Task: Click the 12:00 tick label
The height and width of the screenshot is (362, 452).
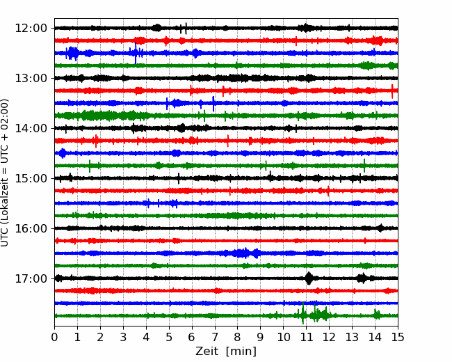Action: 31,29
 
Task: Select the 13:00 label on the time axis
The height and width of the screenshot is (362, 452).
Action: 31,78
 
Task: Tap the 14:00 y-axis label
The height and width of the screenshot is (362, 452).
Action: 31,128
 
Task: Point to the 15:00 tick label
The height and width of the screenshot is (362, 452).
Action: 31,178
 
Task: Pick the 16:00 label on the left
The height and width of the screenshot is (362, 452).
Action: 31,228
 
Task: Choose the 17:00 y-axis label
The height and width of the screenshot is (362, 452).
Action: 31,278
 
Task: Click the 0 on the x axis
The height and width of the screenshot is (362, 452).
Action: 54,337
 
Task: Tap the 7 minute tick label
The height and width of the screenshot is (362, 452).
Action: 215,337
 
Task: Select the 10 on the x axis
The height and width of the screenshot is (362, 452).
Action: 283,337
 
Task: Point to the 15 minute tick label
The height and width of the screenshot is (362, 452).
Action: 398,337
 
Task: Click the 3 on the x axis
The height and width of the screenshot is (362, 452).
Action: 123,337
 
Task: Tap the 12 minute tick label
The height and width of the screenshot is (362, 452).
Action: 329,337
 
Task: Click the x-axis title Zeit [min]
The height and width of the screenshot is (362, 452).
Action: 226,351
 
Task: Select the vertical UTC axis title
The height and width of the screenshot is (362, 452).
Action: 4,173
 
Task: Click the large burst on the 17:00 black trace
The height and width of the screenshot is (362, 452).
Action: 309,278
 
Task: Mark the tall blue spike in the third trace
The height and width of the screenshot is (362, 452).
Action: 136,53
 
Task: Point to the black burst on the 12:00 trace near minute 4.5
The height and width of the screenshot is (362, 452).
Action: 157,28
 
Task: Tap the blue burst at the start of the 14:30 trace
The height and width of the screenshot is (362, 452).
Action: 63,153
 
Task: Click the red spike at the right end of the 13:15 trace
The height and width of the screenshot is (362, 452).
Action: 392,91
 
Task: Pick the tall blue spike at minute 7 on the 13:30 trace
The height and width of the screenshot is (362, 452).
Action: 213,104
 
